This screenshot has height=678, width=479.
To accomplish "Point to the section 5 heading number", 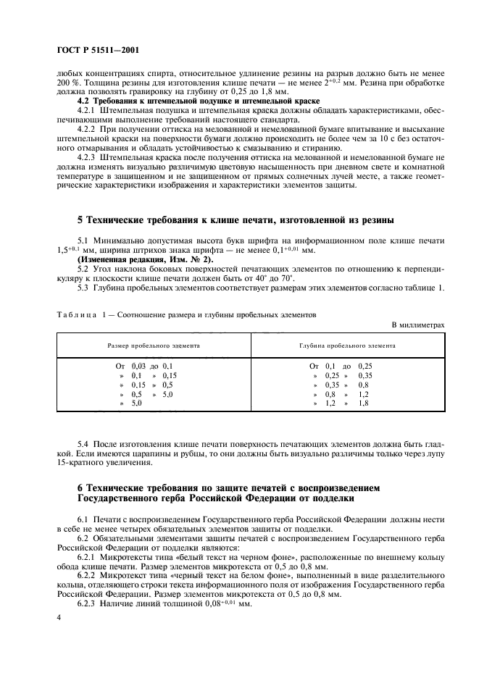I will click(80, 219).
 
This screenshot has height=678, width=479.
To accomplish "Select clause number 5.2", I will click(83, 268).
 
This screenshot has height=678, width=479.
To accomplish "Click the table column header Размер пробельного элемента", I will click(154, 346).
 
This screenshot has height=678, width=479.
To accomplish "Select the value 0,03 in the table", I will click(139, 367).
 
